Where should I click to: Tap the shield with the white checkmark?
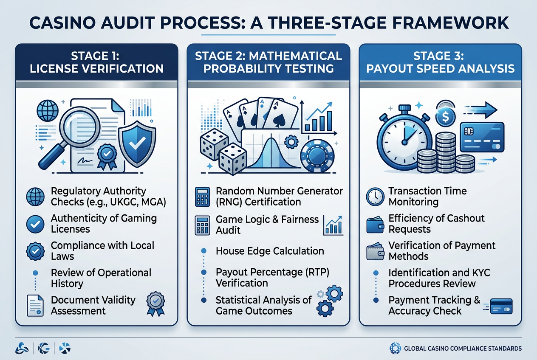137,144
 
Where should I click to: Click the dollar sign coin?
445,117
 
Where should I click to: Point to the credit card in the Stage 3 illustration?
482,137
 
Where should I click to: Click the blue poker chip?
317,156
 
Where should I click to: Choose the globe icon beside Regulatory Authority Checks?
35,197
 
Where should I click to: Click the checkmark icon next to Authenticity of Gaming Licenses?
35,224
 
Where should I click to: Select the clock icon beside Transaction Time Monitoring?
375,197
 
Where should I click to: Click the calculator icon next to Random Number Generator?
203,197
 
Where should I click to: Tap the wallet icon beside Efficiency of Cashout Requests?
375,225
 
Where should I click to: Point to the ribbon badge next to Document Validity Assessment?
155,304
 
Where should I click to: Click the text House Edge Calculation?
270,251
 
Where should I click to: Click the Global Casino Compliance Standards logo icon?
395,348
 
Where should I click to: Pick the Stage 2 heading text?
268,62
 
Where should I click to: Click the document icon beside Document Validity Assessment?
35,305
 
